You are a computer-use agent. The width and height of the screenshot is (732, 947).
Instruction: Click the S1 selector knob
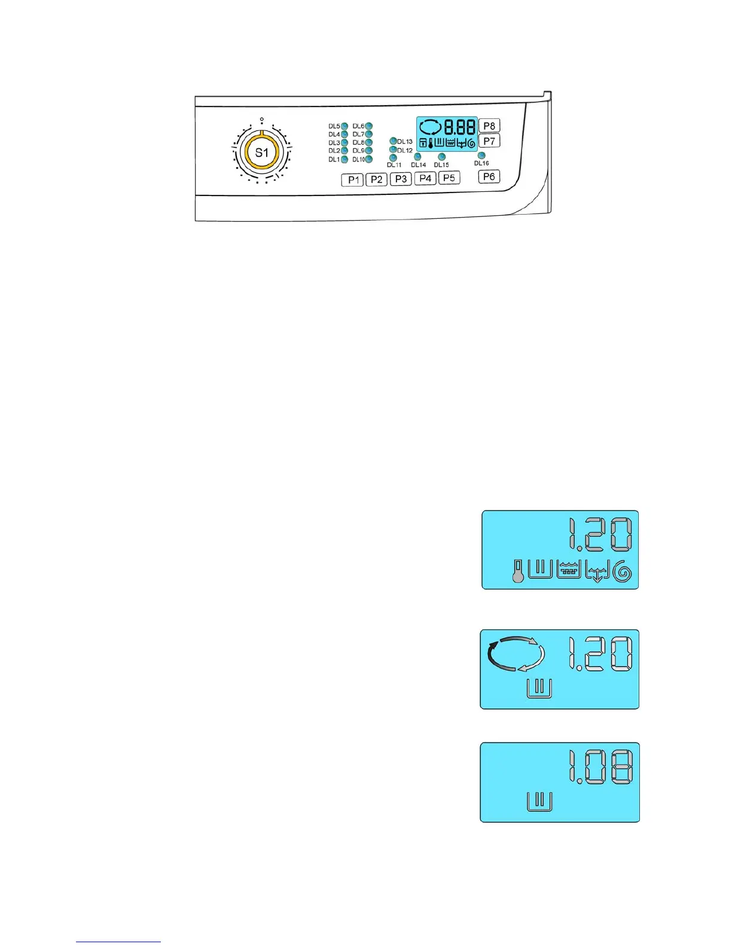point(262,153)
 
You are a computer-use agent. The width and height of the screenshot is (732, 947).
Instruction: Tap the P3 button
point(401,179)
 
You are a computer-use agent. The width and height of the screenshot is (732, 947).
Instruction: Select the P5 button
point(449,178)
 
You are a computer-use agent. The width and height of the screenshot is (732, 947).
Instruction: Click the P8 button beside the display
point(489,126)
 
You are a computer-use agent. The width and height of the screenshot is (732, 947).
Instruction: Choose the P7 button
point(489,141)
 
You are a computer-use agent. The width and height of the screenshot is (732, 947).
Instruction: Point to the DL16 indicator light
point(481,155)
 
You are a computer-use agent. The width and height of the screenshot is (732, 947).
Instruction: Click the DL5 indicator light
point(344,126)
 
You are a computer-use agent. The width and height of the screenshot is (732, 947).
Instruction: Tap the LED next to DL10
point(369,160)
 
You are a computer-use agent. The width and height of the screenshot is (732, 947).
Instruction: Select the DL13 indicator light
point(393,141)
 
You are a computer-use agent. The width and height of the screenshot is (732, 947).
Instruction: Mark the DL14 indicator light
point(417,157)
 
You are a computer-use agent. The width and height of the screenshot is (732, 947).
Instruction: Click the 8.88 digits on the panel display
point(459,127)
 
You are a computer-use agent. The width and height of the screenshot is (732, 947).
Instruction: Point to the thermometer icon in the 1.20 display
point(517,570)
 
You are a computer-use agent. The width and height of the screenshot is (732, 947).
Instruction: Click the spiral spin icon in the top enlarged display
point(623,572)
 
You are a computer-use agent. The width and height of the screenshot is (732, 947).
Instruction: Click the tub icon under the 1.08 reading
point(539,801)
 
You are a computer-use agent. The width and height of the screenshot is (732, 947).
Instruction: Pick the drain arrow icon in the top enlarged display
point(597,572)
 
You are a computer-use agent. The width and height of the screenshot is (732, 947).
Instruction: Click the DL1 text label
point(334,160)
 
